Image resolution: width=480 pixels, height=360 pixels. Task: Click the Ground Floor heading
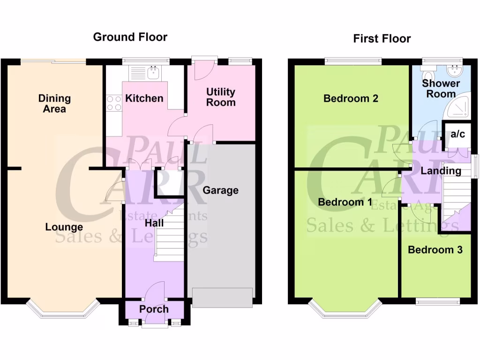tap(130, 37)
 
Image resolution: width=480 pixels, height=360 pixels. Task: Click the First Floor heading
tap(382, 38)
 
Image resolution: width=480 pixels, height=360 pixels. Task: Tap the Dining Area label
tap(54, 104)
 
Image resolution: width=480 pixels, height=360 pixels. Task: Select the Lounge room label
tap(64, 227)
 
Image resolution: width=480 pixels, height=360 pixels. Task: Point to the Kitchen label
tap(144, 98)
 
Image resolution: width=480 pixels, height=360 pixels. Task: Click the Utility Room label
tap(221, 97)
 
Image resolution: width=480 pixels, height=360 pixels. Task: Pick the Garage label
tap(220, 190)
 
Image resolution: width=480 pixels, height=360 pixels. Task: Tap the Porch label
tap(154, 309)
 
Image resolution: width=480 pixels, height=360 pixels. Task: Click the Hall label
tap(154, 223)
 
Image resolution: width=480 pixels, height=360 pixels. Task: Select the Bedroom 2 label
tap(351, 98)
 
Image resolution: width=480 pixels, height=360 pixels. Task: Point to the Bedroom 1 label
tap(345, 202)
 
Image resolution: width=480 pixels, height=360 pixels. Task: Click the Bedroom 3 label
tap(435, 250)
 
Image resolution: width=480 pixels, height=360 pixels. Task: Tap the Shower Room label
tap(441, 89)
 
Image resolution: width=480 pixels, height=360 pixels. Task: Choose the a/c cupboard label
tap(457, 135)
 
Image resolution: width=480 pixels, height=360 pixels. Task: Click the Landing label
tap(441, 171)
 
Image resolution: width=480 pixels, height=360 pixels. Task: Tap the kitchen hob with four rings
tap(113, 103)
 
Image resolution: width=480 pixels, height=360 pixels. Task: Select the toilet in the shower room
tap(427, 75)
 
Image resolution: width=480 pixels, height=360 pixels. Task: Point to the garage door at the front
tap(221, 298)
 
